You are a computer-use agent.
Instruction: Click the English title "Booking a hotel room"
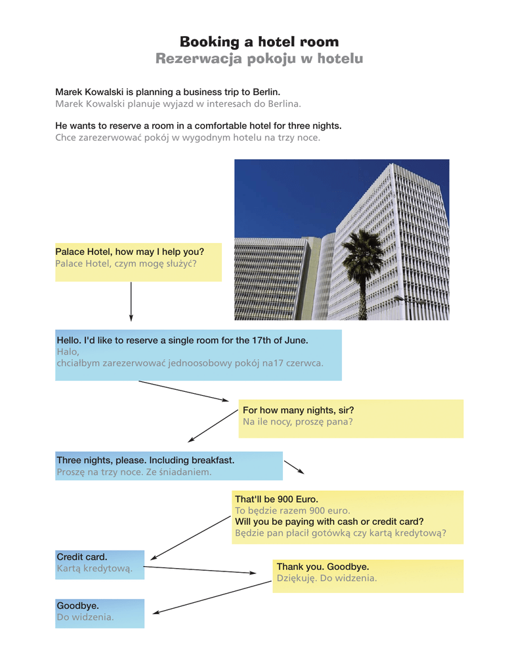pyautogui.click(x=259, y=42)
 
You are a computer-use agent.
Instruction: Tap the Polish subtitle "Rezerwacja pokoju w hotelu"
pyautogui.click(x=259, y=59)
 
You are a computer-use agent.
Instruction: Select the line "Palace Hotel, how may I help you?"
pyautogui.click(x=129, y=252)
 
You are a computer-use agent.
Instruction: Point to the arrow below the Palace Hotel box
pyautogui.click(x=131, y=301)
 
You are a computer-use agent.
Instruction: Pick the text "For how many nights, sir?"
pyautogui.click(x=298, y=410)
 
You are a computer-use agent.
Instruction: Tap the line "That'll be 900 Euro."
pyautogui.click(x=276, y=499)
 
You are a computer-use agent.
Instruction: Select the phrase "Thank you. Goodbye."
pyautogui.click(x=322, y=566)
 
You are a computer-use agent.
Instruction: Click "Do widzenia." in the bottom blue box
pyautogui.click(x=85, y=617)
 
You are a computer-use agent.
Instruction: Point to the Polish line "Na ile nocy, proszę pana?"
pyautogui.click(x=297, y=421)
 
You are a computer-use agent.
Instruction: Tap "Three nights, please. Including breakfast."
pyautogui.click(x=145, y=461)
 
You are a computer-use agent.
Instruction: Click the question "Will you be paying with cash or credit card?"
pyautogui.click(x=329, y=522)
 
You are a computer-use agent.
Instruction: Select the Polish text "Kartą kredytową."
pyautogui.click(x=94, y=568)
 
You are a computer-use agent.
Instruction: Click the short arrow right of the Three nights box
pyautogui.click(x=294, y=467)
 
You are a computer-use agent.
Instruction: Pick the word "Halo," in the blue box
pyautogui.click(x=68, y=351)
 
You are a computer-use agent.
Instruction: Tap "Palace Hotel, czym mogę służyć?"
pyautogui.click(x=126, y=263)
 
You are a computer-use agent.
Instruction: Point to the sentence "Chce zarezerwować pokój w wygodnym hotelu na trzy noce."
pyautogui.click(x=188, y=137)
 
